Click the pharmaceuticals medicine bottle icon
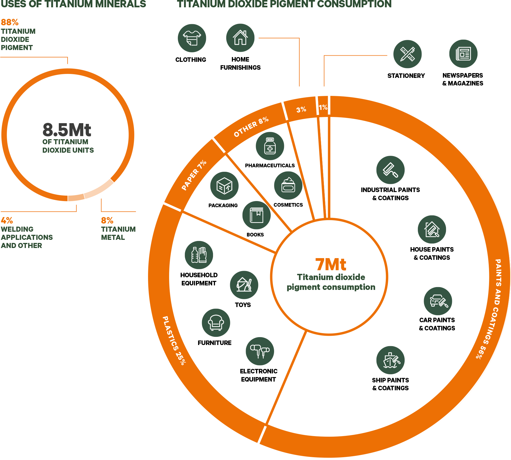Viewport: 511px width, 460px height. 270,146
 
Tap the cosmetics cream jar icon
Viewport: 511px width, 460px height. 288,186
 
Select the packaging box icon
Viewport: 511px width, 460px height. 224,186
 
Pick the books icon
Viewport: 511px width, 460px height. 256,215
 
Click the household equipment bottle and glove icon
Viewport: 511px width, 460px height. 199,255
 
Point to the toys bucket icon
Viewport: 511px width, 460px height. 244,285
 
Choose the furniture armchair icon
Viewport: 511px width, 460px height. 216,323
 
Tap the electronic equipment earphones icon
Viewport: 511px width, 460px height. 260,351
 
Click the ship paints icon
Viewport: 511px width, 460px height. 390,360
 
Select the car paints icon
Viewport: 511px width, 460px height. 438,301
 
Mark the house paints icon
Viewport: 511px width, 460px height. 432,229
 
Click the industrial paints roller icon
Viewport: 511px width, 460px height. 390,170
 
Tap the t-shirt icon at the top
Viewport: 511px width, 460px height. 192,38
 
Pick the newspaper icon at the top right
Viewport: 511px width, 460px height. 463,54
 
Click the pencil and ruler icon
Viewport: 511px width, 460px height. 407,54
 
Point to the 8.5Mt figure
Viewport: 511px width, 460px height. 67,130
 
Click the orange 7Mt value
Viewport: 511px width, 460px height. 331,264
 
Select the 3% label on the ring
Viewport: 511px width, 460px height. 301,109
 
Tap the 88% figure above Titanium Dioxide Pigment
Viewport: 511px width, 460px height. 10,22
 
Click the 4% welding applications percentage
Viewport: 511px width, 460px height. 7,220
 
